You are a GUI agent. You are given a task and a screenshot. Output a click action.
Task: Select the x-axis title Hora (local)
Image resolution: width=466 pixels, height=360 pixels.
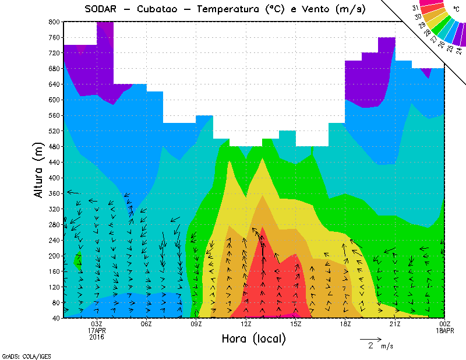pos(253,338)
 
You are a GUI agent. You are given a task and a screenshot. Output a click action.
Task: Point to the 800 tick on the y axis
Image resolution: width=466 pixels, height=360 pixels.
pos(54,22)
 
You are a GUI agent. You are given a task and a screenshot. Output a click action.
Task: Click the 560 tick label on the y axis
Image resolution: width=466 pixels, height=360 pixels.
pos(54,115)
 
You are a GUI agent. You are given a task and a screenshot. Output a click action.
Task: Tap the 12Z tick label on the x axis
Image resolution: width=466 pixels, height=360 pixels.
pos(246,324)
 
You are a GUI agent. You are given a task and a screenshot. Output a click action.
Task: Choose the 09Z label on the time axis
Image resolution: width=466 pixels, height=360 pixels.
pos(196,324)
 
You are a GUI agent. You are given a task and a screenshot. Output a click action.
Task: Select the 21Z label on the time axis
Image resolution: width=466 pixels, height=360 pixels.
pos(395,324)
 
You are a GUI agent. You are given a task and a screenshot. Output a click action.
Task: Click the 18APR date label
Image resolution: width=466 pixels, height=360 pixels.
pos(445,330)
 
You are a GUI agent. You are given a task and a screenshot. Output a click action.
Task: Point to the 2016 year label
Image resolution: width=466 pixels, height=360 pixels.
pos(97,337)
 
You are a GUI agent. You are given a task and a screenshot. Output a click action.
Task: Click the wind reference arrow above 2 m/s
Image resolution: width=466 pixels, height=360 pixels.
pos(370,338)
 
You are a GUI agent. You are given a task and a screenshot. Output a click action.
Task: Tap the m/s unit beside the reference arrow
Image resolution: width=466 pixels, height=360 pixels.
pos(387,346)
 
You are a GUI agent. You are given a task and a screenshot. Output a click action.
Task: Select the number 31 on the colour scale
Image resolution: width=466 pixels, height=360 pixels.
pos(415,8)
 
